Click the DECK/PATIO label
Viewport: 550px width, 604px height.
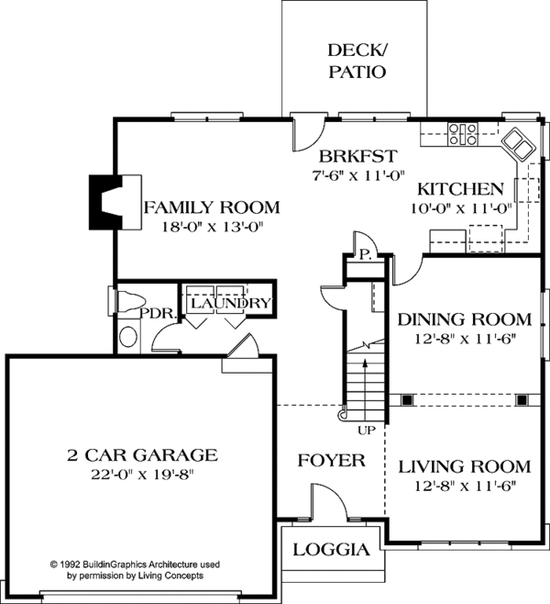click(357, 61)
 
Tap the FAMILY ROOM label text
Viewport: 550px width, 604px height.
click(212, 207)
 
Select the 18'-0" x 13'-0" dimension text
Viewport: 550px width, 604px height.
click(212, 227)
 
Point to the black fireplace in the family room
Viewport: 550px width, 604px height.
click(105, 202)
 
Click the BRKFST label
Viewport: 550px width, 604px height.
click(357, 156)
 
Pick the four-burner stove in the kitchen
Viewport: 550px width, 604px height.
click(462, 134)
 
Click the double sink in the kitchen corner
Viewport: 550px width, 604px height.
click(518, 145)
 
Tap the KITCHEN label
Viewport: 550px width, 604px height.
click(460, 189)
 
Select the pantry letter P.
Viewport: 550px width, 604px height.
click(365, 254)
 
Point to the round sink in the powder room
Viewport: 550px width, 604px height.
click(128, 337)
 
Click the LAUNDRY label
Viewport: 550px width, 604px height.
click(231, 303)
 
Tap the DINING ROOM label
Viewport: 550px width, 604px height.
click(464, 319)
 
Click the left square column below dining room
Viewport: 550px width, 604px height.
click(407, 400)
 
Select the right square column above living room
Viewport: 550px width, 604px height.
click(522, 400)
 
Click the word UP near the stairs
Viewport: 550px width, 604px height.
click(366, 431)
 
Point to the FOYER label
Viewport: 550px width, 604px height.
click(332, 461)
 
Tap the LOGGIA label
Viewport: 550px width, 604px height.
click(332, 550)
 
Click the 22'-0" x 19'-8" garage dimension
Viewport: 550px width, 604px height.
click(141, 475)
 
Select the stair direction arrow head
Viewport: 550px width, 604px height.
click(365, 363)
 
